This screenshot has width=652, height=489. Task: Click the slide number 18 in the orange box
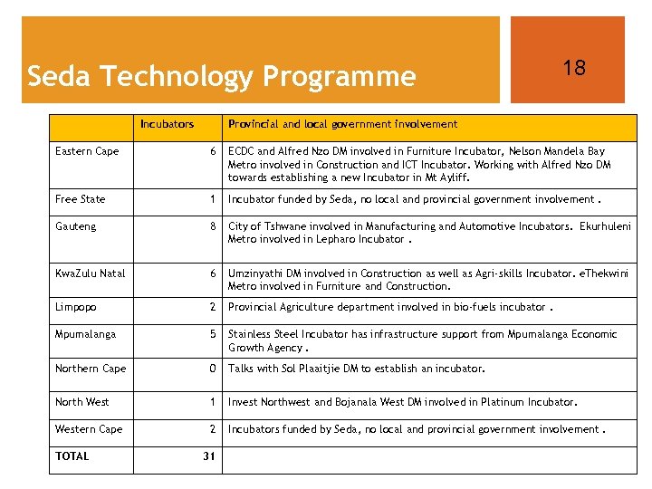[574, 68]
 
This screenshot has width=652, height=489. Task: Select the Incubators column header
[167, 124]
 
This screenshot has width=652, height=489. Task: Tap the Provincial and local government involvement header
[342, 124]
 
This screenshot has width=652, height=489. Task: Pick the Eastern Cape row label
[87, 151]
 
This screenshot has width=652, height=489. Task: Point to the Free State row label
[80, 199]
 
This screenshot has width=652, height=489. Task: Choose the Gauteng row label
[75, 226]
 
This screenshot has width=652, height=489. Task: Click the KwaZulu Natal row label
[90, 273]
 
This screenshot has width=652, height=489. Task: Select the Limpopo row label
[76, 307]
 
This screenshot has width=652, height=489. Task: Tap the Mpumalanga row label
[85, 334]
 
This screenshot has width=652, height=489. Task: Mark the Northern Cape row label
[91, 369]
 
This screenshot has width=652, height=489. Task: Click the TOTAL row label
[72, 456]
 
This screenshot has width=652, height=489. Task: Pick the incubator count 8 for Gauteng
[212, 226]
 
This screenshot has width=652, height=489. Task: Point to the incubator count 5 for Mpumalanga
[212, 334]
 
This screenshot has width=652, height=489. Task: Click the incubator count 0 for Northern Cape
[212, 369]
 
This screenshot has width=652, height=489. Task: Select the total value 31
[208, 456]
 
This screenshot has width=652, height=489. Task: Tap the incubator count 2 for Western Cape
[212, 429]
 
